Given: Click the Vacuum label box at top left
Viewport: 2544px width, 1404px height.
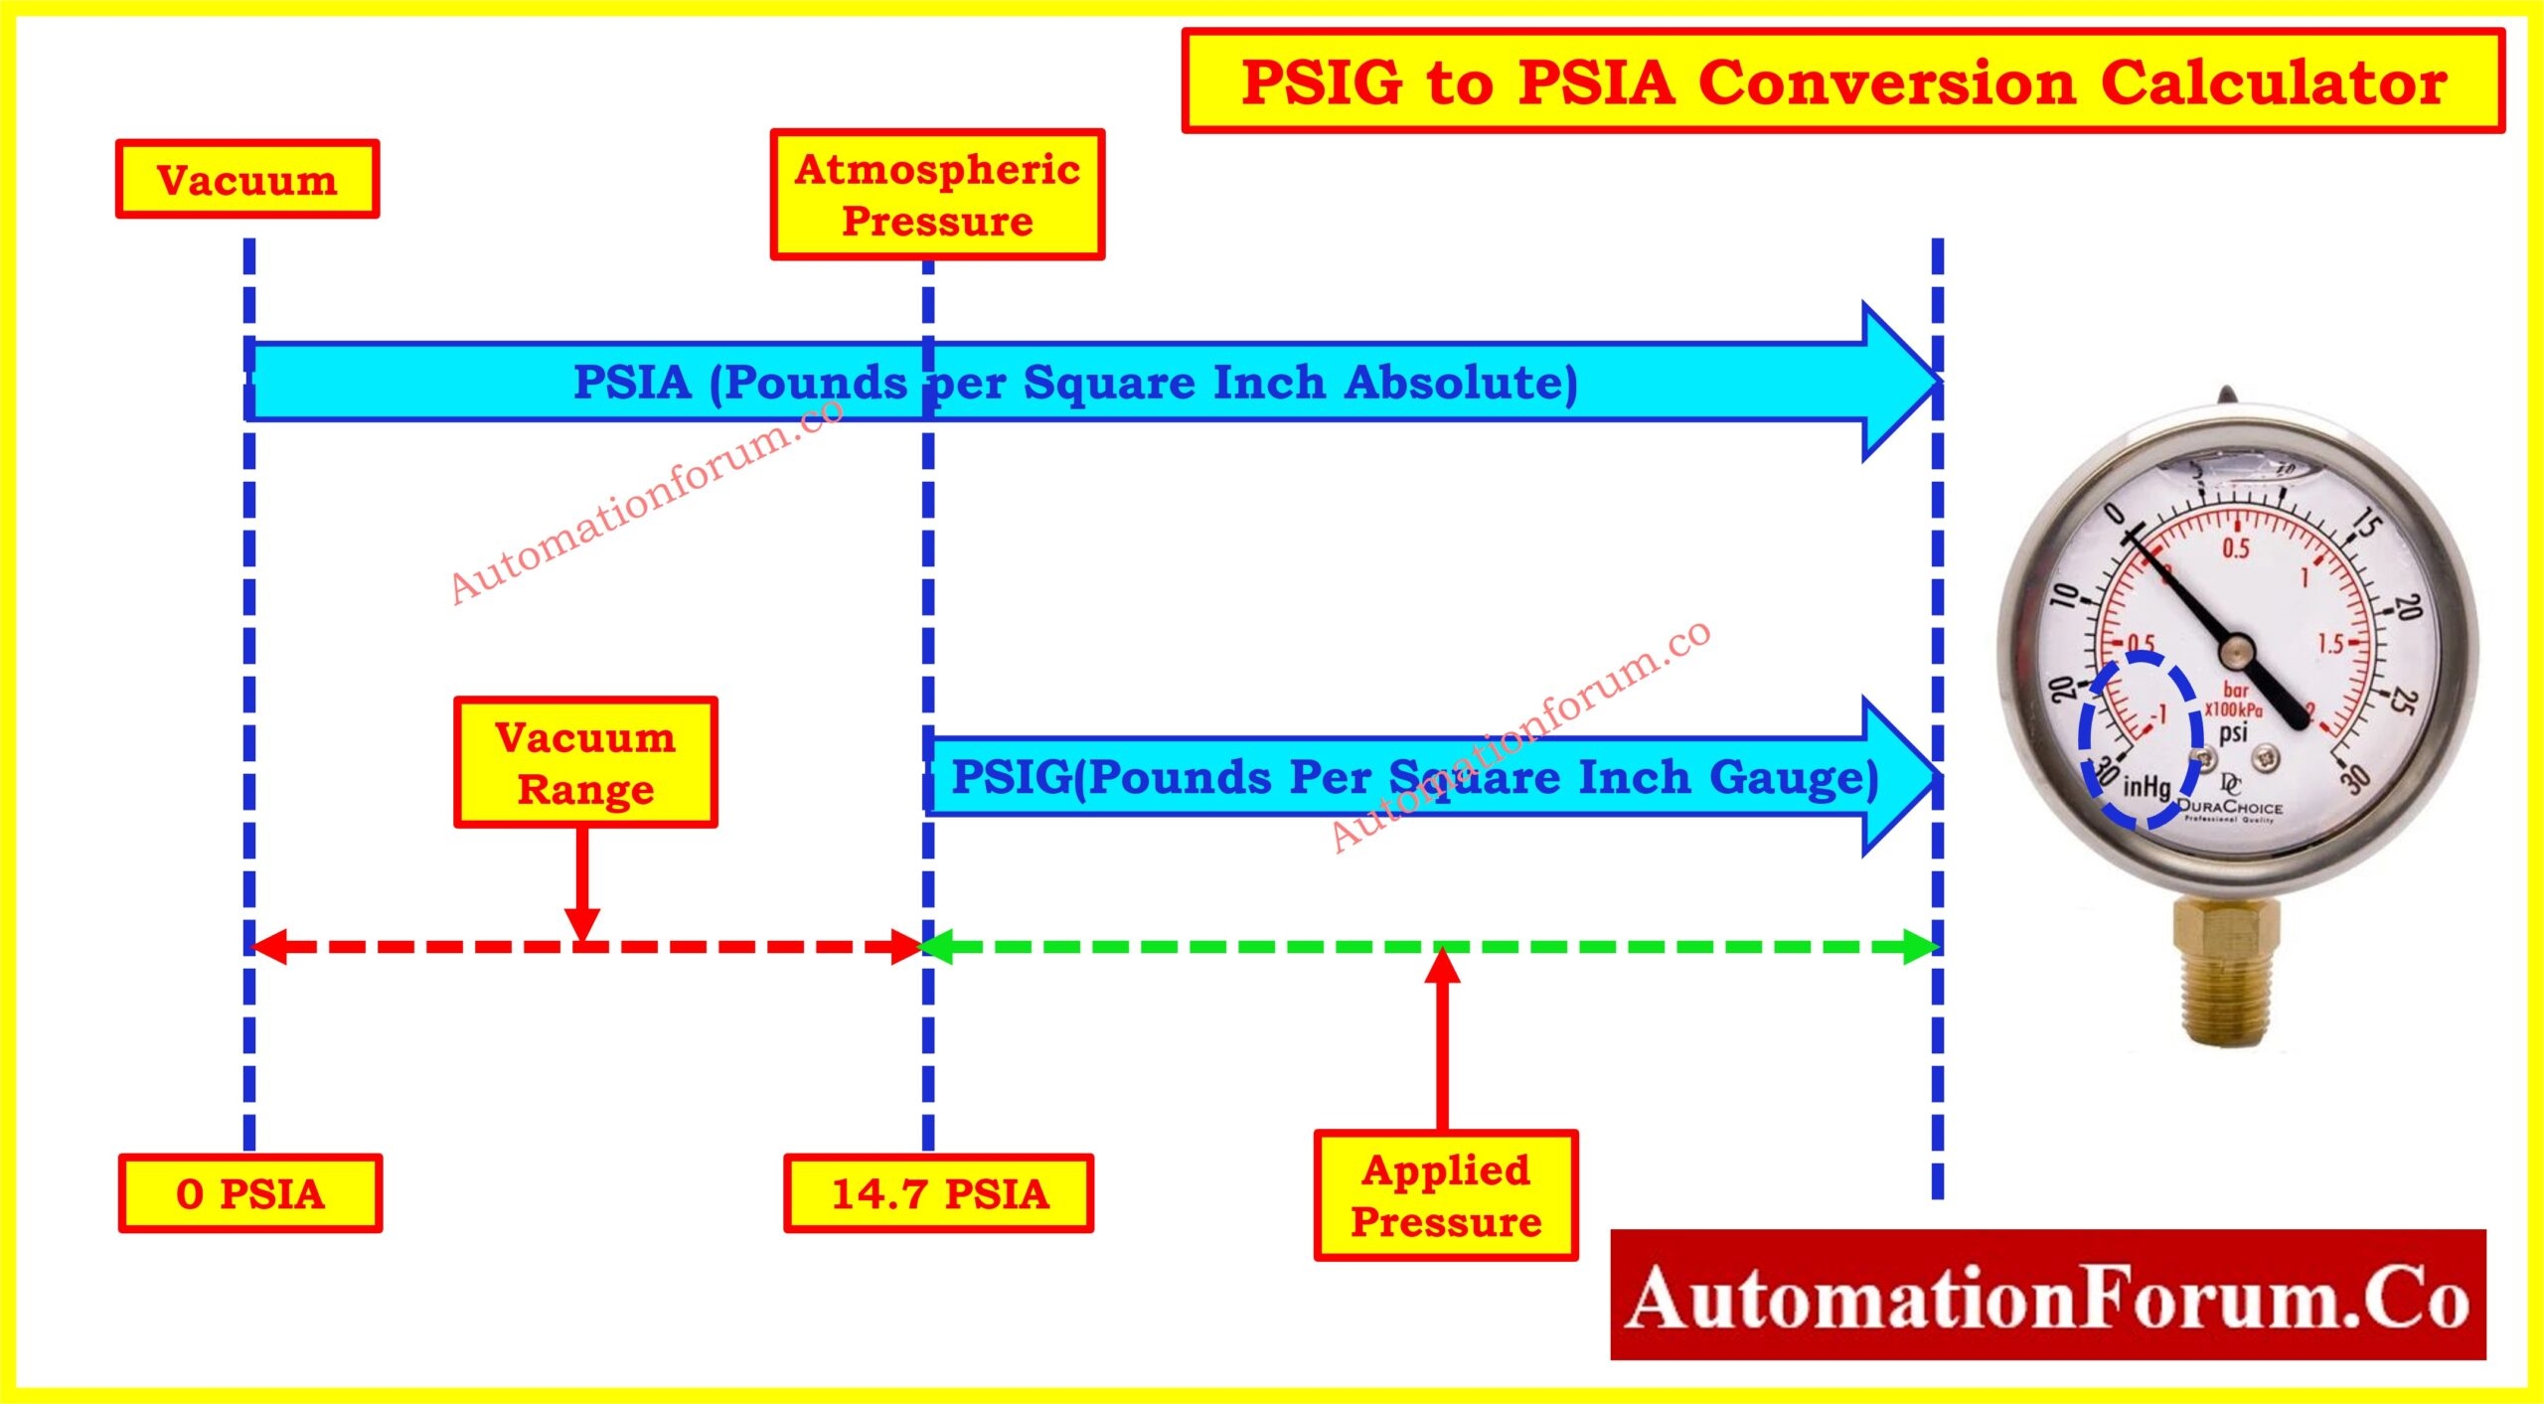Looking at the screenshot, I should click(247, 180).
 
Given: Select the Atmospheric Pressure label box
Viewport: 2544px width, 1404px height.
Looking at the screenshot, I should click(937, 195).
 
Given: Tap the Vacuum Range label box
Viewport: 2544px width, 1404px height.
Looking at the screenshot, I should click(585, 763).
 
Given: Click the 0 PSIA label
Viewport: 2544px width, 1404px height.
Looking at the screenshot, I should click(250, 1193).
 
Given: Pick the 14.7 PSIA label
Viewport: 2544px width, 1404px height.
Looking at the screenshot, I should click(939, 1193).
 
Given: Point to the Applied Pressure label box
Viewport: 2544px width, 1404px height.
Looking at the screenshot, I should click(1446, 1195).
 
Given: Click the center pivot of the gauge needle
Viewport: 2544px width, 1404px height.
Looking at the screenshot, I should click(2236, 652).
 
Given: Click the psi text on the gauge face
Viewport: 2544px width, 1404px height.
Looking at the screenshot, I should click(2233, 733).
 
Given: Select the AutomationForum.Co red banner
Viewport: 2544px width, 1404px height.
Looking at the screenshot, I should click(2047, 1295).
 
